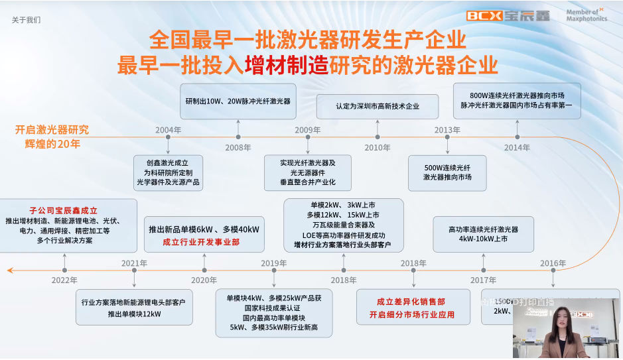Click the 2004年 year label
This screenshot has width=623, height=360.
[168, 130]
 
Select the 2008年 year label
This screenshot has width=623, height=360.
[238, 147]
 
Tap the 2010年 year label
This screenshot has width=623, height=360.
[377, 147]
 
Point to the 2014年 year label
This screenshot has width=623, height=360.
[517, 147]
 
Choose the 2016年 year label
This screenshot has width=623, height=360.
[553, 263]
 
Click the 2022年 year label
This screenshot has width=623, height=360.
[64, 280]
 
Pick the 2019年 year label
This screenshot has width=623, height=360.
[273, 263]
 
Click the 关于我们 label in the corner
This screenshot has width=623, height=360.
[26, 20]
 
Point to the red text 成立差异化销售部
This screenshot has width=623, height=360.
[411, 302]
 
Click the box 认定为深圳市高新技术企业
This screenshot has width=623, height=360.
[377, 106]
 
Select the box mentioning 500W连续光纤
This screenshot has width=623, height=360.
[447, 172]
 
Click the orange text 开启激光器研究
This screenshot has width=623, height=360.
[52, 129]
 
